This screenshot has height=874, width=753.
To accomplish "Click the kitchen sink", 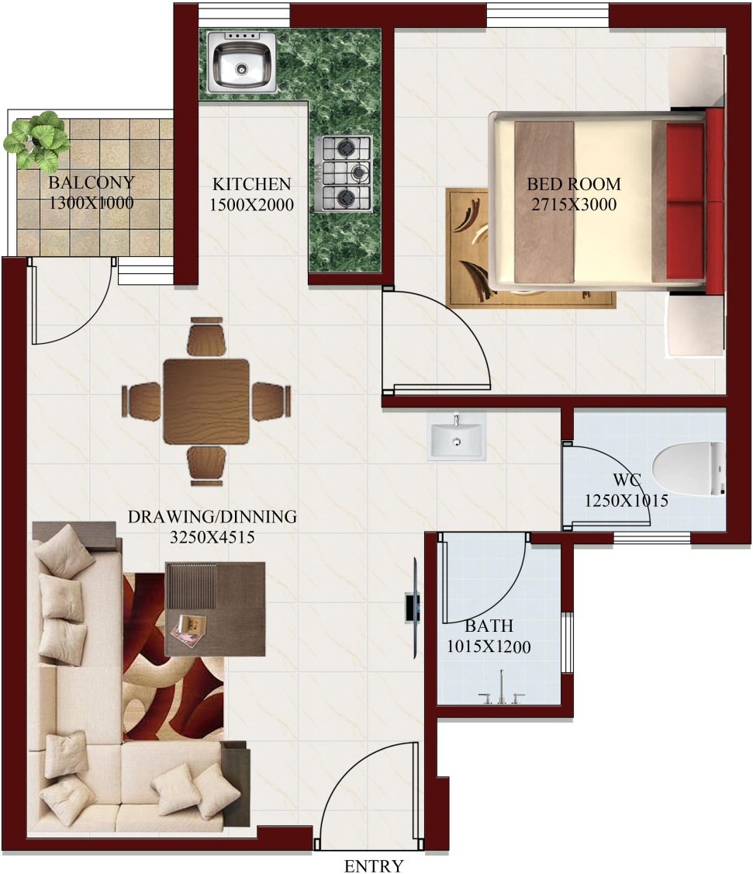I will (x=241, y=63).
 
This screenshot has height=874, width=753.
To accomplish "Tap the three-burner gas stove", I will (x=343, y=172).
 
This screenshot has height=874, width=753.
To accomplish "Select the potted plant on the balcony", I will (x=36, y=139).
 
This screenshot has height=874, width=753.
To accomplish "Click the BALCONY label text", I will (x=91, y=183).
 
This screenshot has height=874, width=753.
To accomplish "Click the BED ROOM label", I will (x=574, y=184).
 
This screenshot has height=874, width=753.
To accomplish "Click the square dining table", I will (x=206, y=401).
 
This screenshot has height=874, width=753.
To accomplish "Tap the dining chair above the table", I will (x=207, y=338).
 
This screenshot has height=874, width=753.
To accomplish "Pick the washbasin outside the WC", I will (x=457, y=436).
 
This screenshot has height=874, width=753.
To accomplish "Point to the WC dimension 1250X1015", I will (x=626, y=501).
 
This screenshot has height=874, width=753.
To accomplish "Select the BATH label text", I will (x=489, y=626).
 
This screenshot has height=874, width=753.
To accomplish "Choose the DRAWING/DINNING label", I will (x=212, y=516).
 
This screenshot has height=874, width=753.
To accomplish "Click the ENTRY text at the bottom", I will (x=374, y=865).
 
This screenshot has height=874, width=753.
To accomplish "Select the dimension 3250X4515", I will (x=212, y=536).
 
